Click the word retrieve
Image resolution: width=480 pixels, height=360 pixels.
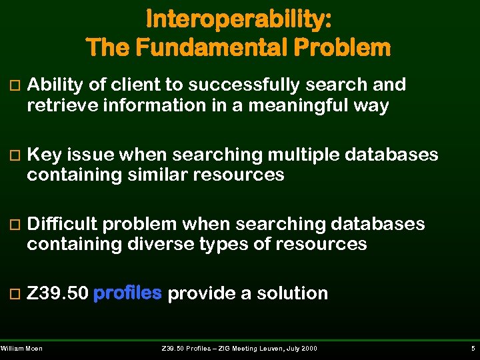pos(56,105)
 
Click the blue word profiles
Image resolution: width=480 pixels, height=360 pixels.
pos(128,293)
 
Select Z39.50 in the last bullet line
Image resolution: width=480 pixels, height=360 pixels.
pos(57,293)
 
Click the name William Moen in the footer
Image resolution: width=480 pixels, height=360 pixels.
pos(22,349)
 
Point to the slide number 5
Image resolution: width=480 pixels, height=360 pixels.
pos(472,349)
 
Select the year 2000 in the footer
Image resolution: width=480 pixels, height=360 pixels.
pos(308,349)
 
